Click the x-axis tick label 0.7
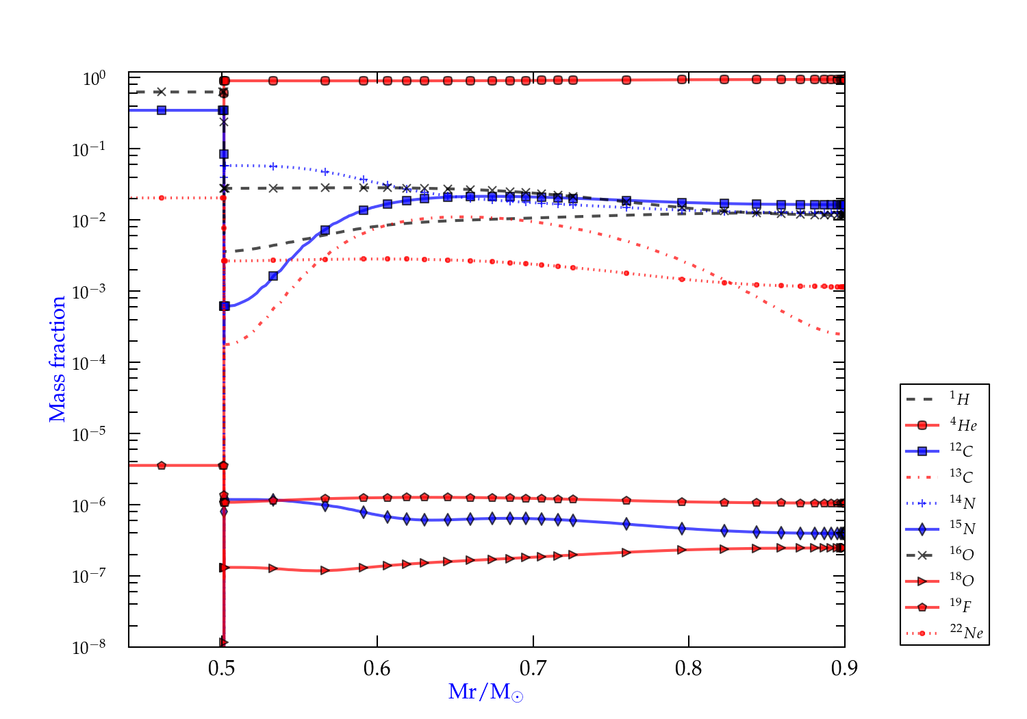click(x=533, y=668)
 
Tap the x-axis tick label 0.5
click(x=221, y=668)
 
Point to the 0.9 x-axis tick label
click(x=844, y=668)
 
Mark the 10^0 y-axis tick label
click(x=94, y=79)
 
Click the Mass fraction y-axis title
click(x=57, y=359)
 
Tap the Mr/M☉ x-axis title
click(x=485, y=692)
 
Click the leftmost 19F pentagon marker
click(x=162, y=466)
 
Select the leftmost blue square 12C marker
click(x=162, y=110)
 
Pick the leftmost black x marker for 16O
click(x=162, y=92)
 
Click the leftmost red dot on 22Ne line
click(x=162, y=198)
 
